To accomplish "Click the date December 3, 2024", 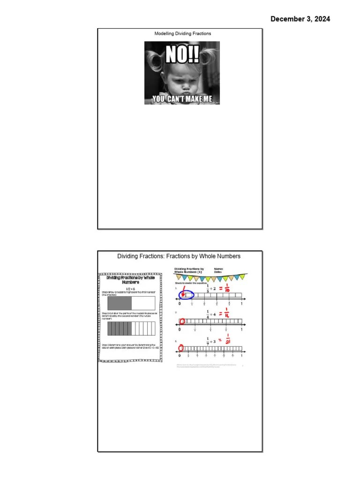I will click(300, 19).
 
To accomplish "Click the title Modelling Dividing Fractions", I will click(183, 34).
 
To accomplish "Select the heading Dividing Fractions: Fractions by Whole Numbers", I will click(179, 256).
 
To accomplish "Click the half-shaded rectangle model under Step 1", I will click(131, 303).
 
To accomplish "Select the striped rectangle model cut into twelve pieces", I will click(131, 329).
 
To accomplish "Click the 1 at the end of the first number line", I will click(241, 304).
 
